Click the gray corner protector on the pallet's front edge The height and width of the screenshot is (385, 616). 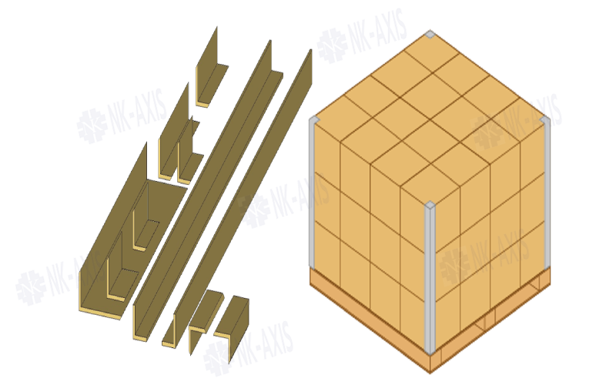click(x=430, y=277)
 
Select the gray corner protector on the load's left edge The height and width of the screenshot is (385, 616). click(x=313, y=192)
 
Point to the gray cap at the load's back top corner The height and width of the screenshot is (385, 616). click(x=430, y=34)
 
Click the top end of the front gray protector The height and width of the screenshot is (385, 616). click(x=430, y=204)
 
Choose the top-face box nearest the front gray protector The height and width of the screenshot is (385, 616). click(x=430, y=184)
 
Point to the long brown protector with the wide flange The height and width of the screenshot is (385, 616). click(x=208, y=189)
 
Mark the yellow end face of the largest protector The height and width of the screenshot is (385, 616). click(x=101, y=313)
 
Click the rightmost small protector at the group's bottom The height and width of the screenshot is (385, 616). click(x=233, y=322)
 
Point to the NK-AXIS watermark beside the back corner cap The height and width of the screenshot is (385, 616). click(x=362, y=35)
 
